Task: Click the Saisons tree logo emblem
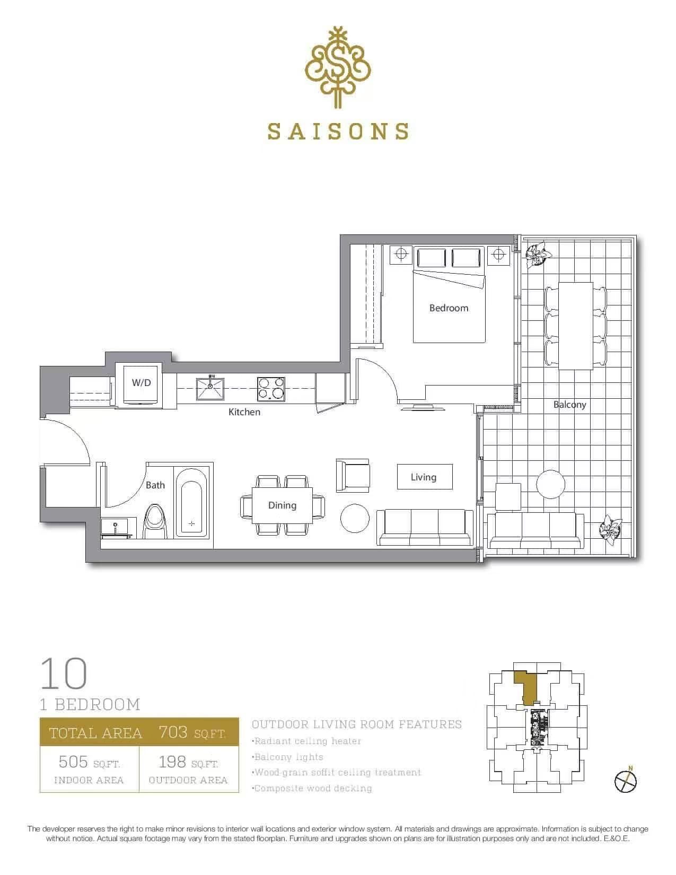[x=338, y=67]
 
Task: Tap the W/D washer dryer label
[x=142, y=382]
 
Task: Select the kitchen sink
[x=210, y=389]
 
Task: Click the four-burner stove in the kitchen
[x=271, y=389]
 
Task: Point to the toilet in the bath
[x=156, y=521]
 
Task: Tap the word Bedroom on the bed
[x=449, y=308]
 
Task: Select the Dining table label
[x=282, y=505]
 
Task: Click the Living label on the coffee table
[x=424, y=477]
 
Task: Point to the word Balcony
[x=570, y=404]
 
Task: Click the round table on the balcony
[x=551, y=484]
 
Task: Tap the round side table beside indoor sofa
[x=355, y=518]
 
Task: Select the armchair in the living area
[x=353, y=475]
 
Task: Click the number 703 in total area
[x=173, y=732]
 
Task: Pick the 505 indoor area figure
[x=73, y=762]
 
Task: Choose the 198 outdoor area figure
[x=172, y=762]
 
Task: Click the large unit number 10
[x=64, y=673]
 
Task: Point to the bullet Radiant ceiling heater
[x=306, y=741]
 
